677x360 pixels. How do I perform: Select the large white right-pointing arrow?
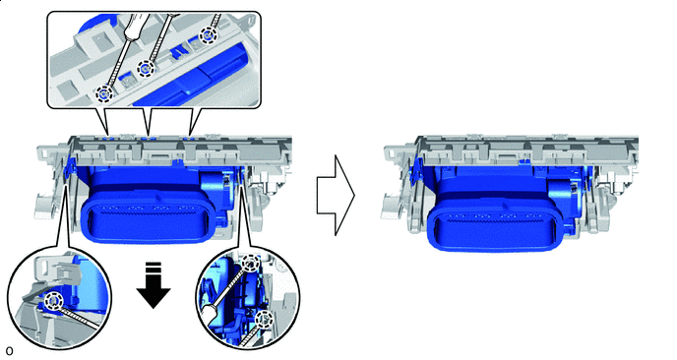336,195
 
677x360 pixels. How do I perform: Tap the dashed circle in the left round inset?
54,300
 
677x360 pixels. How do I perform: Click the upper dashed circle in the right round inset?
250,263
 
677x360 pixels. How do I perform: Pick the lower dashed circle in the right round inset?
263,320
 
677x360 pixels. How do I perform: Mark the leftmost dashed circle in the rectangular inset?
104,92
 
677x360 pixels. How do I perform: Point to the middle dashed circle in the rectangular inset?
146,68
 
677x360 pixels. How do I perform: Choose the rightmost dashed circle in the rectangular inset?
208,35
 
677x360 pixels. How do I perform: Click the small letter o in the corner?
9,351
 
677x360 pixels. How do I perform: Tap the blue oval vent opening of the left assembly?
146,217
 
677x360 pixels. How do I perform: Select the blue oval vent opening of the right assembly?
492,227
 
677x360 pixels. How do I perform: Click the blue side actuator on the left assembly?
215,189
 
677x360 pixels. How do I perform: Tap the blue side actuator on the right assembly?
563,198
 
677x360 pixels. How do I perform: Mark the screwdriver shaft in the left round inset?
79,316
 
